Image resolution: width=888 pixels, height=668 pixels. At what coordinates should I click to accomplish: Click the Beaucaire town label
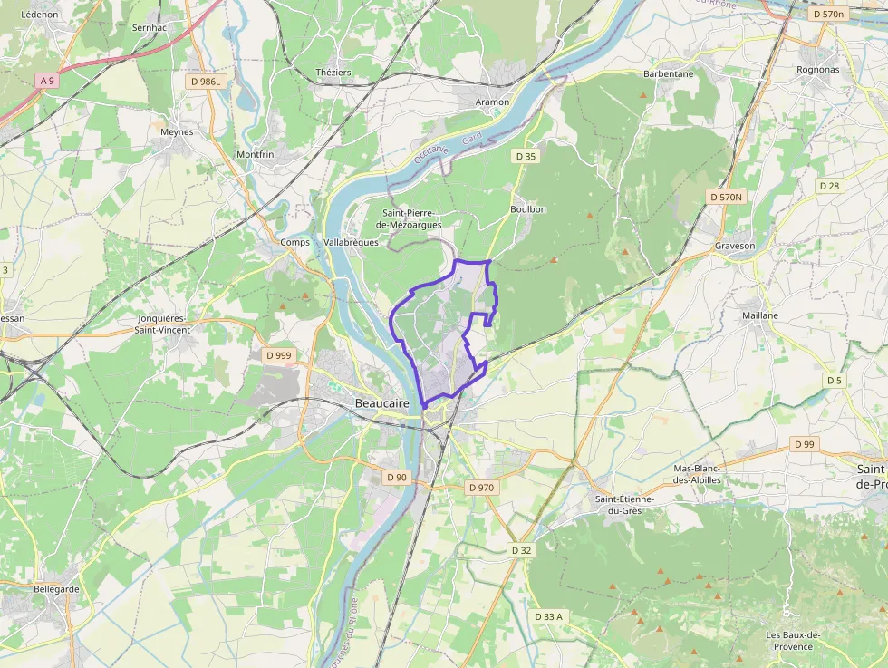382,402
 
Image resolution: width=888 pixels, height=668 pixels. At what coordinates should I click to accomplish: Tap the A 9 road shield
47,81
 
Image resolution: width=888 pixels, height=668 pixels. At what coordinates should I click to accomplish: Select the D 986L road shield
206,82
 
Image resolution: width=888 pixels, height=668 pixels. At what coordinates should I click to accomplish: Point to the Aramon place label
492,102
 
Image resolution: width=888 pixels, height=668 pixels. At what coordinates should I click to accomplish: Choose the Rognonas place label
817,70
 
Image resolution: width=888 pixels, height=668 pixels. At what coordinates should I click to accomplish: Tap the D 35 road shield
526,156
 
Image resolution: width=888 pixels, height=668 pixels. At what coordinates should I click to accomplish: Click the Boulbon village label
528,209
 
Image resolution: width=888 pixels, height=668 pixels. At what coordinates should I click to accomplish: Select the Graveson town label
734,246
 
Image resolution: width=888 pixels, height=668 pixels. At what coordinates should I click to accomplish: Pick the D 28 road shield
829,186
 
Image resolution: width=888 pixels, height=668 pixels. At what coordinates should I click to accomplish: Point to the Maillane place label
759,315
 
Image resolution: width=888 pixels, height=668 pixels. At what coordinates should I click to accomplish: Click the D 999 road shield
279,355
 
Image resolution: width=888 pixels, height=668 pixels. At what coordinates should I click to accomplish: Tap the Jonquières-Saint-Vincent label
163,324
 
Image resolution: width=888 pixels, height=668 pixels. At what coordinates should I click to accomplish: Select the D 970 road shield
482,488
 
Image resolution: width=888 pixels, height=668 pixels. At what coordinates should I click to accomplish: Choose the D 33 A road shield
548,616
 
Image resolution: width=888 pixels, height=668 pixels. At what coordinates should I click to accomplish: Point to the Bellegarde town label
56,588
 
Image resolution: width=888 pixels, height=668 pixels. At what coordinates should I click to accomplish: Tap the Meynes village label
177,131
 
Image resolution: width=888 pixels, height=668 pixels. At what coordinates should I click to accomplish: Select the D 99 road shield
804,444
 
